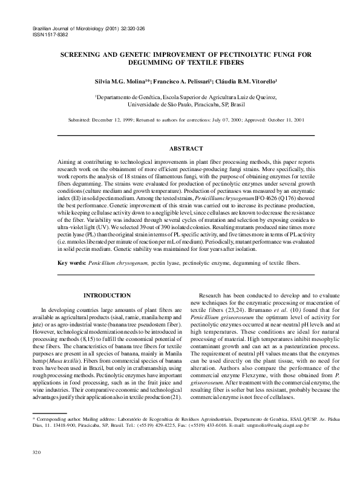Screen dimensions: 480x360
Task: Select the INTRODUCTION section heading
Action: pos(106,295)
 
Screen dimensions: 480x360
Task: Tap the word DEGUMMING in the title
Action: pos(157,62)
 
